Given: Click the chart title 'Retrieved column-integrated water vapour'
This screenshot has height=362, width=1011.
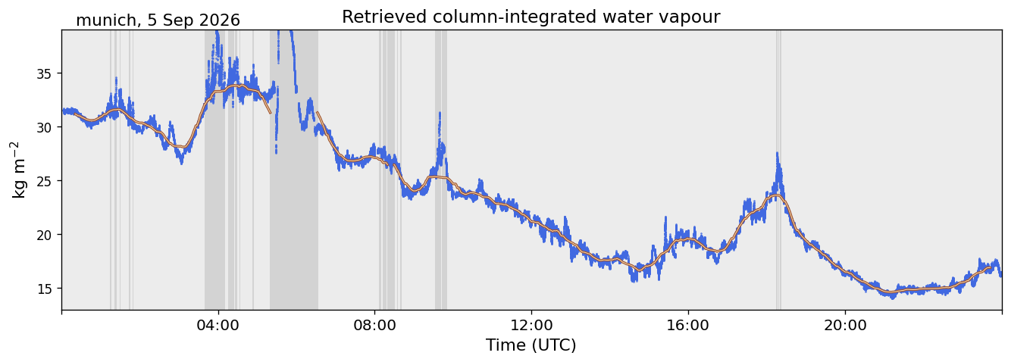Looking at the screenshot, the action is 531,17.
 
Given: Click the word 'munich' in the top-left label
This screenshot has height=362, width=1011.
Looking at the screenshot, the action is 105,20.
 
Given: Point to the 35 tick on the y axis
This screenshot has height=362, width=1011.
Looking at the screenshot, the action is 43,73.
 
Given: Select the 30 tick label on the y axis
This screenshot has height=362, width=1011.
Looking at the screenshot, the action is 43,127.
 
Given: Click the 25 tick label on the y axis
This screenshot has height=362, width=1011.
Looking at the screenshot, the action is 43,181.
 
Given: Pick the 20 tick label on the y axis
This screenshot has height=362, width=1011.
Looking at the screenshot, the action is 43,235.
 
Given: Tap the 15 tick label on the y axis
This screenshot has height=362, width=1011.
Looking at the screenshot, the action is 43,289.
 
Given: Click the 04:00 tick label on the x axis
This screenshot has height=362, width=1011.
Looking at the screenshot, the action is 218,325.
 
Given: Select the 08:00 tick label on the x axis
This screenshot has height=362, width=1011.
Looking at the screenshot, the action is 375,325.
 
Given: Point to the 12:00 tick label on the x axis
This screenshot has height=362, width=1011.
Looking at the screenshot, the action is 532,325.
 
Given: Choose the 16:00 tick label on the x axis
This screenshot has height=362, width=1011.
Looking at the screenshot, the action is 688,325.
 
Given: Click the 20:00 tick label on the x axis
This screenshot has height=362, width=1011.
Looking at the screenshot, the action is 845,325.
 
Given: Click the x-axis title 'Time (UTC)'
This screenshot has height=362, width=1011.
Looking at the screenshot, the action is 531,345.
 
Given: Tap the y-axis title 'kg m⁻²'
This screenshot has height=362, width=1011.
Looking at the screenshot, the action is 18,170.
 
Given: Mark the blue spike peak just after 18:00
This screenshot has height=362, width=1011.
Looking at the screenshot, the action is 778,153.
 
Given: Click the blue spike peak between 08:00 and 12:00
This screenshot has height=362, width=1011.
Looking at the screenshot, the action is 440,113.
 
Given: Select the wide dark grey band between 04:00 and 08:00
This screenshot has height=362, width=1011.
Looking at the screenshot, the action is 294,170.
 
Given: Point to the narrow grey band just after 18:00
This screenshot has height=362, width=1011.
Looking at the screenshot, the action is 778,170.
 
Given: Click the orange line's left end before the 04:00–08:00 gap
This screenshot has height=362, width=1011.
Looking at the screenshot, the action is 74,114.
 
